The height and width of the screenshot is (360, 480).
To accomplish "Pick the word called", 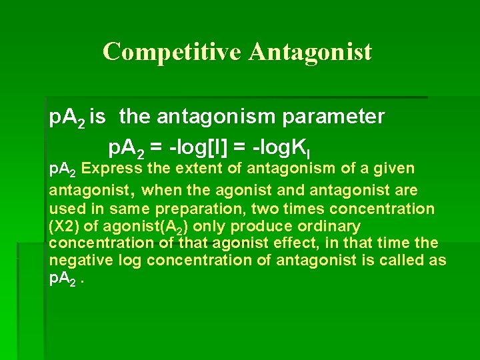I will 407,260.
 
